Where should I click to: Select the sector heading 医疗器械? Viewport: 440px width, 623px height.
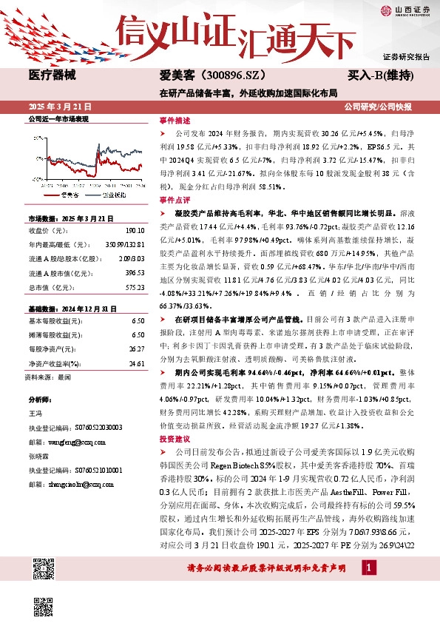pyautogui.click(x=53, y=75)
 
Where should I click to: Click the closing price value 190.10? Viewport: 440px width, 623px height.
pyautogui.click(x=135, y=230)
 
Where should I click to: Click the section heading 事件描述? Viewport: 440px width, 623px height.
pyautogui.click(x=175, y=120)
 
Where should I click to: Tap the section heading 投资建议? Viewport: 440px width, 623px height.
pyautogui.click(x=175, y=438)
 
